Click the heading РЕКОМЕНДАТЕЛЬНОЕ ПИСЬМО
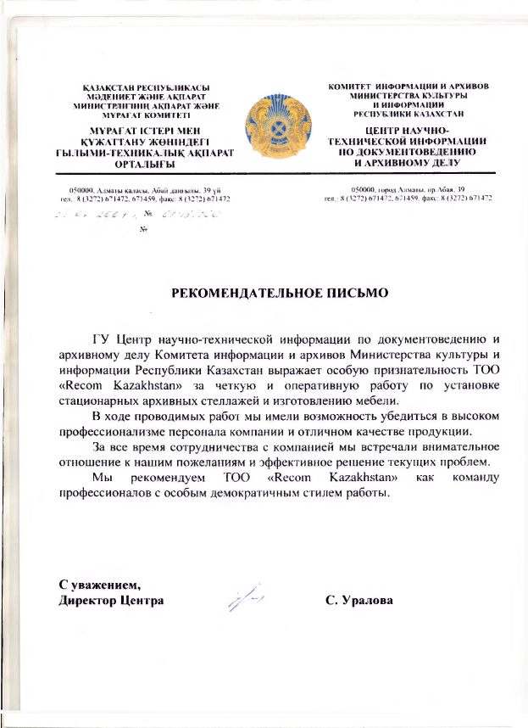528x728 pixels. coord(280,294)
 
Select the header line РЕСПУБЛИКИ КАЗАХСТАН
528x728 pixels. coord(407,112)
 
